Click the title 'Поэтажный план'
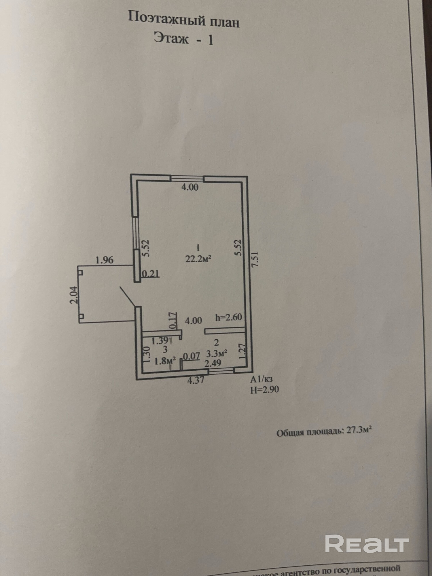click(x=183, y=20)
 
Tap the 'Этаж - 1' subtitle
click(x=183, y=39)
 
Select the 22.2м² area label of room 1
click(x=198, y=259)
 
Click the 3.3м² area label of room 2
click(x=217, y=353)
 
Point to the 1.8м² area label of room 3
click(x=165, y=361)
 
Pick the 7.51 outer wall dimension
click(x=255, y=260)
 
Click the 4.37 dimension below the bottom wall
click(x=196, y=380)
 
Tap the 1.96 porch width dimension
click(x=104, y=260)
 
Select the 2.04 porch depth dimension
click(x=74, y=295)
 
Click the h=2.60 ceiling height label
click(x=229, y=317)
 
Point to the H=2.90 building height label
click(x=264, y=390)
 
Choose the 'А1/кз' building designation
click(x=261, y=379)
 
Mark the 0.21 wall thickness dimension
click(x=151, y=274)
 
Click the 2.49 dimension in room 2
click(x=213, y=363)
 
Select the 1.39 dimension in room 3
click(x=160, y=341)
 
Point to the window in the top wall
click(x=187, y=179)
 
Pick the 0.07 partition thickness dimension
click(x=192, y=356)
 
